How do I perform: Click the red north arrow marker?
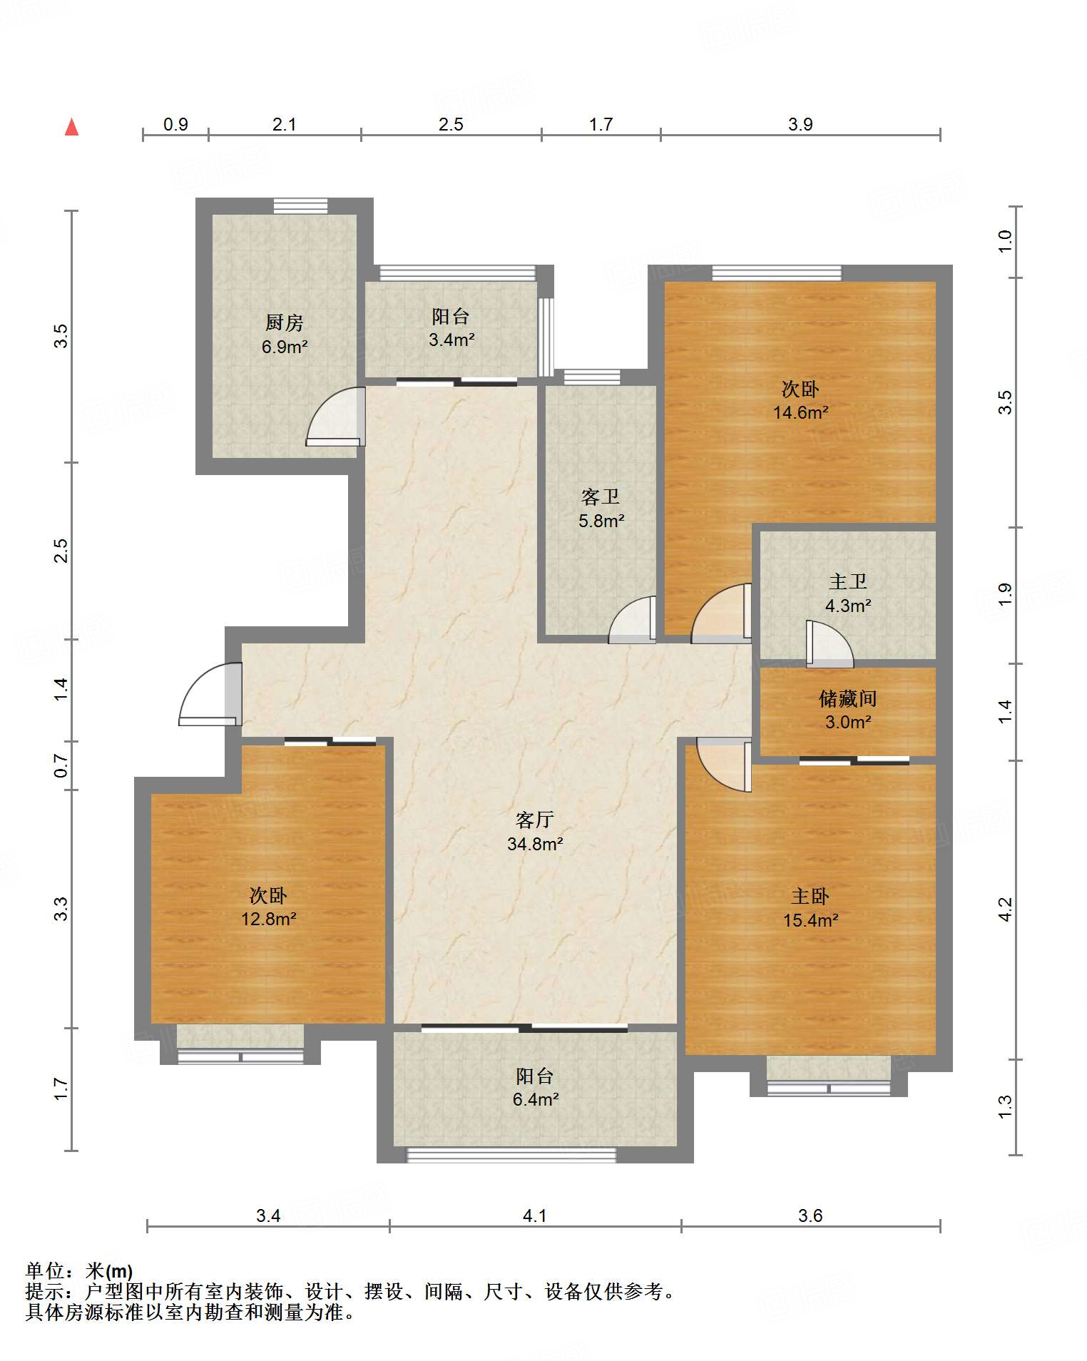point(71,127)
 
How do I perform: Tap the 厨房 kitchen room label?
point(285,322)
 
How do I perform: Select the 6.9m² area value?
point(285,347)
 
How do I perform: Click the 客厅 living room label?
point(535,820)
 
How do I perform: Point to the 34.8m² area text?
point(535,845)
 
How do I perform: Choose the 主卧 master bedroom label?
point(810,896)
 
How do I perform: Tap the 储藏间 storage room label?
point(848,698)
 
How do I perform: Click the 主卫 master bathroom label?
point(848,581)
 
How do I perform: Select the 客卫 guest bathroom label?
point(601,496)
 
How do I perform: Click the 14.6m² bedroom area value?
point(801,412)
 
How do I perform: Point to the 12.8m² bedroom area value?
point(268,919)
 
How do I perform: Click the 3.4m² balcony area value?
point(451,340)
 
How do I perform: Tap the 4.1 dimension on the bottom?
point(535,1215)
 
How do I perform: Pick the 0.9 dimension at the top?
point(175,125)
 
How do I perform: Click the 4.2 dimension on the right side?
point(1004,909)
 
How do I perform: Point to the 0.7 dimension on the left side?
point(61,766)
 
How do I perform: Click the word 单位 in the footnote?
point(45,1270)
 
